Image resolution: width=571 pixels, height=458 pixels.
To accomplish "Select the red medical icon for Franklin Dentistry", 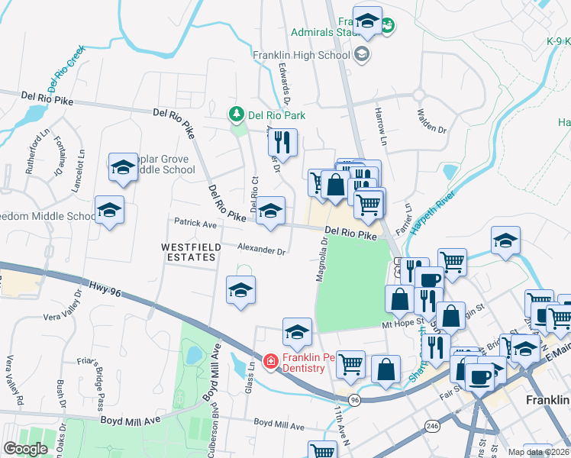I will (x=271, y=362).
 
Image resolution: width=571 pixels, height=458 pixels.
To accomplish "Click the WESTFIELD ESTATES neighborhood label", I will (x=189, y=253).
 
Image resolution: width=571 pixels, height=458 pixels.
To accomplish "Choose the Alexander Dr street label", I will (x=261, y=250).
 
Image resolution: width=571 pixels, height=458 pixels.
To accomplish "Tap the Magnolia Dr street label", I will (x=323, y=259).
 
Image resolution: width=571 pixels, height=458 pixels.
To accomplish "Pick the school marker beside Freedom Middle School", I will (x=109, y=211).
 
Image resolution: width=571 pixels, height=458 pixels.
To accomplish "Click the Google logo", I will (x=26, y=449).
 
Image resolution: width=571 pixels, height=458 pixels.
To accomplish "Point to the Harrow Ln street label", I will (x=379, y=121).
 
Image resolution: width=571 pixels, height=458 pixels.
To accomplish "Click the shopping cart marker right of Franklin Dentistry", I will (x=350, y=364).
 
